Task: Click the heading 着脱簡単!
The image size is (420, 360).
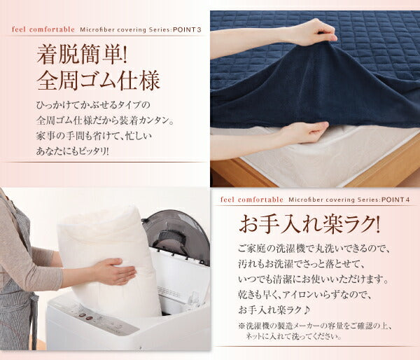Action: [x=81, y=55]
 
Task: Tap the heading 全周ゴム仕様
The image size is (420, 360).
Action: [x=98, y=80]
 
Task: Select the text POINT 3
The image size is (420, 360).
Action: [x=187, y=29]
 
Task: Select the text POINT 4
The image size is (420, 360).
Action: [x=395, y=200]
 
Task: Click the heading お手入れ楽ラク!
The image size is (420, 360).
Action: [x=309, y=225]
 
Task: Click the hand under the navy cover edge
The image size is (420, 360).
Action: [x=305, y=133]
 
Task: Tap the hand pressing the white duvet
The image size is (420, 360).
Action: [x=115, y=271]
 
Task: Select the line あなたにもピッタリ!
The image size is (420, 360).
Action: [x=73, y=152]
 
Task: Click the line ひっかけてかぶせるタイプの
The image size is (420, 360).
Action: [x=94, y=105]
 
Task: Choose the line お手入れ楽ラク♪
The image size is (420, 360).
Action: [x=274, y=310]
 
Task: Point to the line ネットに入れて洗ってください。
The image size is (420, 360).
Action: [x=294, y=336]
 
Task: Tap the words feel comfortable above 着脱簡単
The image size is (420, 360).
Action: [x=43, y=29]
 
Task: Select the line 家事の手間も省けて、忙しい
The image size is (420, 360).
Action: [x=94, y=136]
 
